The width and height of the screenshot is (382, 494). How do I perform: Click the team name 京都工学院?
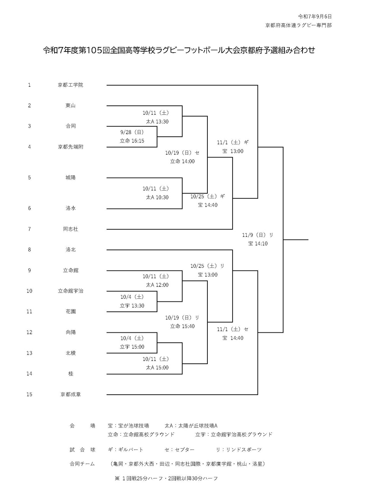click(70, 85)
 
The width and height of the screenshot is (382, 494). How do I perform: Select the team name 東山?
click(70, 105)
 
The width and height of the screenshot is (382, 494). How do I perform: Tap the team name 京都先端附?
click(70, 147)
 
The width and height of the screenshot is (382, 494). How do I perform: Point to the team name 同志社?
click(70, 229)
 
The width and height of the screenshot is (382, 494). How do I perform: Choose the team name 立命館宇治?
click(70, 291)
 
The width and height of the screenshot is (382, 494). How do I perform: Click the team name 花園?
click(70, 311)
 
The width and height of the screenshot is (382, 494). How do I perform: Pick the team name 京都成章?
click(70, 394)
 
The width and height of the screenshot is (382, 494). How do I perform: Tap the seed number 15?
click(29, 394)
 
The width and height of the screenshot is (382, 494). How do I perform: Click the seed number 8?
click(29, 249)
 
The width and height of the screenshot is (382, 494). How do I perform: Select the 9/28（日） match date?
click(132, 132)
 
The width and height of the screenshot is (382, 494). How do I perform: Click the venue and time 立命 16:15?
click(132, 141)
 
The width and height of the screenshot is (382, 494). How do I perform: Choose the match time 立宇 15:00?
click(132, 347)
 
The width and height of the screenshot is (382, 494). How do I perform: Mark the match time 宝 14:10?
click(257, 243)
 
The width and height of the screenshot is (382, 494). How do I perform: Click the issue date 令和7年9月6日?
click(315, 16)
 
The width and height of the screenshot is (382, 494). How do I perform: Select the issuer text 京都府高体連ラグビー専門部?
click(298, 25)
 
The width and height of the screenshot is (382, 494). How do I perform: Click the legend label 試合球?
click(82, 450)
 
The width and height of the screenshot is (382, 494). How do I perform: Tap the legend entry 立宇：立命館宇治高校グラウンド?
click(234, 434)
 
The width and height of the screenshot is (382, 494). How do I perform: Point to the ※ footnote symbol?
click(117, 478)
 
